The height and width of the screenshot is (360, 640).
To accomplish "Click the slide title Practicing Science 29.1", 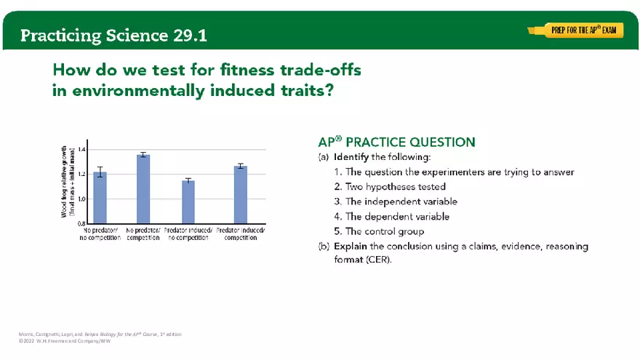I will coord(114,35).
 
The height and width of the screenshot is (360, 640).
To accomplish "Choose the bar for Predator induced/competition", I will coord(241,194).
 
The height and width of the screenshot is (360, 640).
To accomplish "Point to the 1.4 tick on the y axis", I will coord(81,149).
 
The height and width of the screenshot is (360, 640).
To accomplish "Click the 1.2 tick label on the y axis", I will coord(81,174).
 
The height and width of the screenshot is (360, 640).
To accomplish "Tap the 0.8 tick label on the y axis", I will coord(81,223).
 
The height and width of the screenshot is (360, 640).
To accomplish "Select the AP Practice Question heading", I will coord(396,143).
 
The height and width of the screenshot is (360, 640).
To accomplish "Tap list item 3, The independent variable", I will coord(396,201).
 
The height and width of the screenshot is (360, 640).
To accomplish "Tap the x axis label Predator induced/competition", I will coord(241,233).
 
